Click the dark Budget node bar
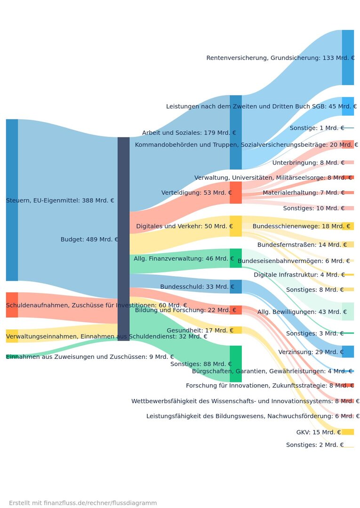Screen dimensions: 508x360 click(123, 239)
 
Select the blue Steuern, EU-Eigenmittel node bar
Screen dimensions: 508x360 click(12, 200)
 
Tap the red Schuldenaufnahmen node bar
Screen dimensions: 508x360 click(12, 305)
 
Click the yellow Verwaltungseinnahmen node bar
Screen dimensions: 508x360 click(12, 336)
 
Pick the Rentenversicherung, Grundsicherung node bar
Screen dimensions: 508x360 click(348, 57)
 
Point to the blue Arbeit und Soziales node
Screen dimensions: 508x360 click(236, 132)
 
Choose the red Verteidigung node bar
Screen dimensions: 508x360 click(236, 192)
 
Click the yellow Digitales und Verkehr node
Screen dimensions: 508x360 click(236, 226)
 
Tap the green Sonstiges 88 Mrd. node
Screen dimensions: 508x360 click(236, 364)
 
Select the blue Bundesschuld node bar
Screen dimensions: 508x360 click(236, 286)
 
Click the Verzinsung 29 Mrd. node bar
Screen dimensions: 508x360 click(348, 351)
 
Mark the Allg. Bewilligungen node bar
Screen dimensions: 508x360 click(348, 311)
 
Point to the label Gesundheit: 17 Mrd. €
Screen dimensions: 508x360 click(200, 330)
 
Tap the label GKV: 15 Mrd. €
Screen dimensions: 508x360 click(319, 432)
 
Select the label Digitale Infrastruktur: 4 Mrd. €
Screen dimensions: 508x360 click(299, 275)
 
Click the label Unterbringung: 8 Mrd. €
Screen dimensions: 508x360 click(308, 163)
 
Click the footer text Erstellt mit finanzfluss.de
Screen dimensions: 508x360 click(83, 503)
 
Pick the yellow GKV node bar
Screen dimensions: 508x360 click(348, 432)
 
